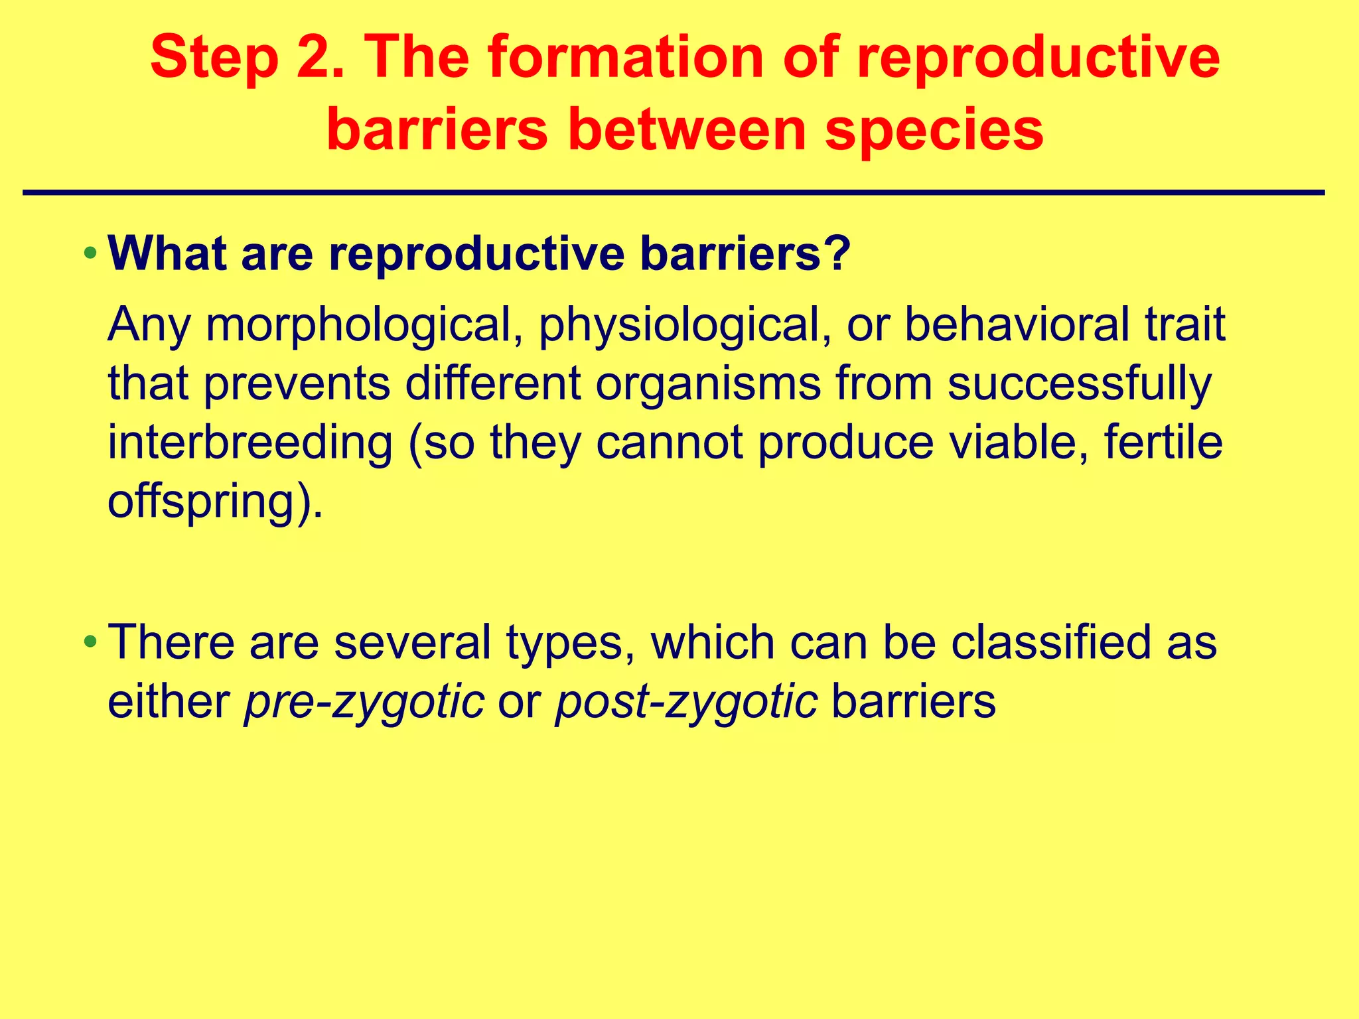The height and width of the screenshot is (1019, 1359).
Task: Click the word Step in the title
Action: (x=214, y=58)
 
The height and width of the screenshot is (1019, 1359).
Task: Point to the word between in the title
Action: (x=686, y=130)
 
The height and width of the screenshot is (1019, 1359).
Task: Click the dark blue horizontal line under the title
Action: (x=673, y=193)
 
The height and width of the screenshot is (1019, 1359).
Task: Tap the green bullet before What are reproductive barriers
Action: (x=90, y=253)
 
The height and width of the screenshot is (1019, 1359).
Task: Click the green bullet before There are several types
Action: (x=90, y=642)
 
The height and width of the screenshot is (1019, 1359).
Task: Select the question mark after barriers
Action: (x=837, y=253)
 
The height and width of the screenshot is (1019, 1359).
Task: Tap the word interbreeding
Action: (x=250, y=443)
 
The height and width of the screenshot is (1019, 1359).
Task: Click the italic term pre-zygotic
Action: (x=364, y=702)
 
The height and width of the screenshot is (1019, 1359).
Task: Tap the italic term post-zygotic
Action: (x=686, y=702)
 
